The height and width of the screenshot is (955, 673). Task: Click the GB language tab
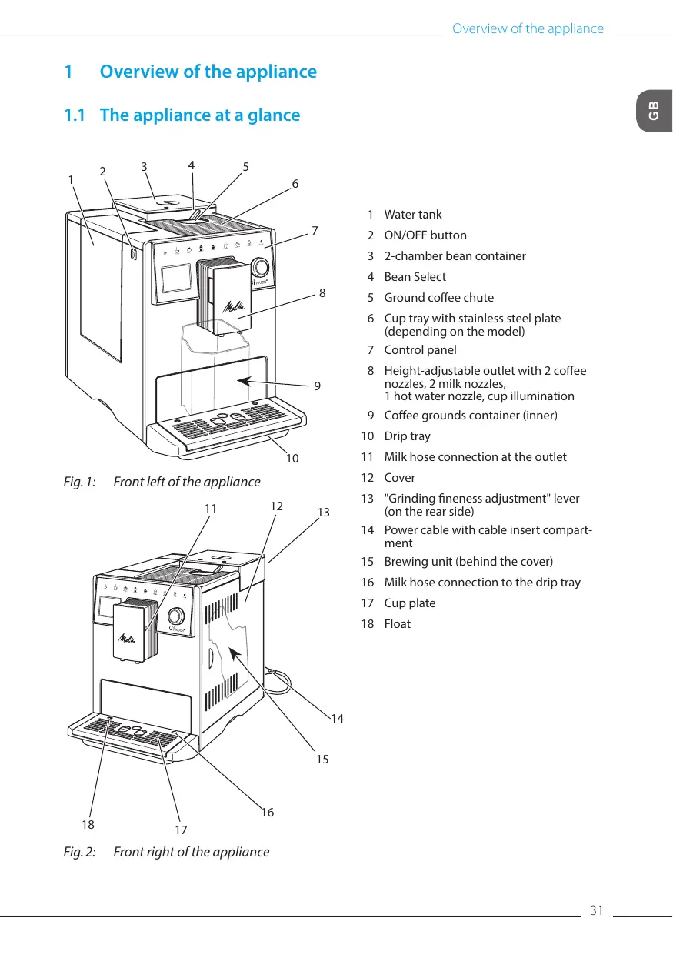click(x=655, y=111)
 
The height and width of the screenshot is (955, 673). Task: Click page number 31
click(x=596, y=910)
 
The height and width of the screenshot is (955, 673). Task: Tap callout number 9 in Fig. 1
click(x=317, y=386)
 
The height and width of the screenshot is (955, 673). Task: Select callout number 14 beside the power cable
click(x=337, y=719)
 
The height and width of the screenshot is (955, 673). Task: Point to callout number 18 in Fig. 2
click(x=88, y=824)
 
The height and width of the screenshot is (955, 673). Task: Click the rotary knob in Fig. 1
click(x=259, y=267)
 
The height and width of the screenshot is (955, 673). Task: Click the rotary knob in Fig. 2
click(x=175, y=616)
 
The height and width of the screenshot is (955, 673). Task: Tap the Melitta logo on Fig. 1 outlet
click(x=234, y=306)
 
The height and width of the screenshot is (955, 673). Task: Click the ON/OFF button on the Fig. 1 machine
click(x=133, y=254)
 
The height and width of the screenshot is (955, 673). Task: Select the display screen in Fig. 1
click(x=176, y=278)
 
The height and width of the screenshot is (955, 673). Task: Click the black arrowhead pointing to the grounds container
click(x=245, y=380)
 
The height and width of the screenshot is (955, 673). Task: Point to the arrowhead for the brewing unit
click(x=235, y=653)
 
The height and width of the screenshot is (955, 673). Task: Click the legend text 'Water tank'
click(x=412, y=215)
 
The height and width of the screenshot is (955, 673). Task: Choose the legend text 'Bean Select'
click(x=415, y=277)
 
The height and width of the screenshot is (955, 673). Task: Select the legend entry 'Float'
click(x=397, y=624)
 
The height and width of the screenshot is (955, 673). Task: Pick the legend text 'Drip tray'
click(x=407, y=436)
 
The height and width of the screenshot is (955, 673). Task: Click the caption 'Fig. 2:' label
click(x=80, y=852)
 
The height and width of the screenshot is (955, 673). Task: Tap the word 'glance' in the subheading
click(x=274, y=115)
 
